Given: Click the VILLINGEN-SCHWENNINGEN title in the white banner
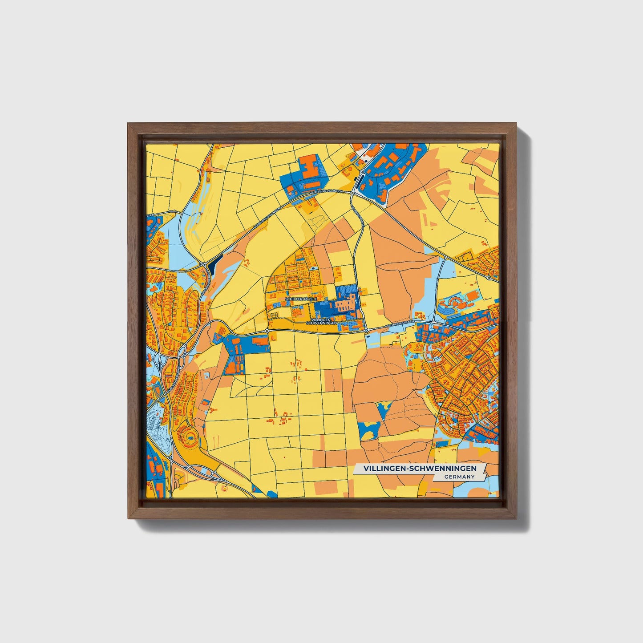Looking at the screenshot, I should coord(420,469).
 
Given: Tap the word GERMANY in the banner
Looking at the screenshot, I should coord(459,477).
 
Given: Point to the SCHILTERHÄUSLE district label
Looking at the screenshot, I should coord(301,299).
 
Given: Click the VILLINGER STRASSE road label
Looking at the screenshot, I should coord(400,326).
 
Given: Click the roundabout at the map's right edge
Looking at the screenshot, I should coord(489,278).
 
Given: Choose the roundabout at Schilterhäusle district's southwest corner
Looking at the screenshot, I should coord(267,331).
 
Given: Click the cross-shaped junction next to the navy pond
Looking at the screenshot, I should coord(203,264).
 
